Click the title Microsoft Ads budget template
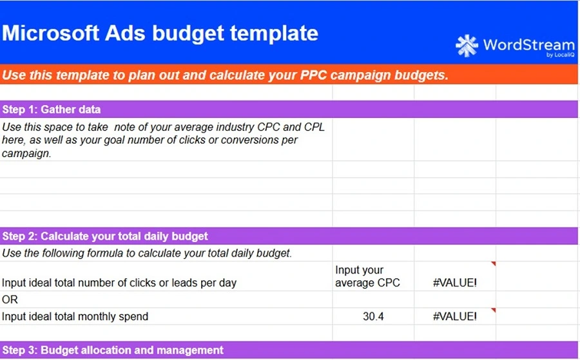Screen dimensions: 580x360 [160, 33]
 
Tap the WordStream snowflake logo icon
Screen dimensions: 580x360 [467, 46]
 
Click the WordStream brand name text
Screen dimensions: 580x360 [528, 44]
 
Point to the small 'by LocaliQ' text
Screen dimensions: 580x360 [561, 55]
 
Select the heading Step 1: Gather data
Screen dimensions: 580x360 [52, 109]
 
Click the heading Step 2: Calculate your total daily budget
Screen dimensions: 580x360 [105, 236]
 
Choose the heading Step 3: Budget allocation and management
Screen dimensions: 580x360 [113, 350]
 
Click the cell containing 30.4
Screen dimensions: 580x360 [373, 316]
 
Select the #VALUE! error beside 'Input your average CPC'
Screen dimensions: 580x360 [454, 283]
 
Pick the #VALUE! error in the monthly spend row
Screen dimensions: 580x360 [454, 316]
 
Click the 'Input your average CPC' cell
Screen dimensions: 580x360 [367, 276]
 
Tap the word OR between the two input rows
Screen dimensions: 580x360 [10, 299]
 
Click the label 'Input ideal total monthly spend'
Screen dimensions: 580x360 [75, 316]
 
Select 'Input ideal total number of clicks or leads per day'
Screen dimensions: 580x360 [119, 283]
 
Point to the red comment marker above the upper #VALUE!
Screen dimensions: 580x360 [494, 263]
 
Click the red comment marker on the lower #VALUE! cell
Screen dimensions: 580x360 [494, 310]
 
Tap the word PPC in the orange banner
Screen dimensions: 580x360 [313, 75]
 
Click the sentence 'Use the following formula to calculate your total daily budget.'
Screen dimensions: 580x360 [147, 253]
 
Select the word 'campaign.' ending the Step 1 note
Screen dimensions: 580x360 [26, 153]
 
